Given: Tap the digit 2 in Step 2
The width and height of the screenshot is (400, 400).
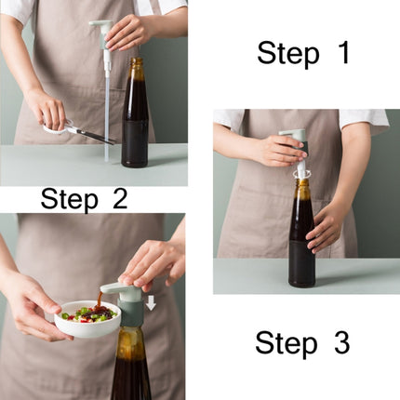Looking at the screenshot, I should coord(118,199).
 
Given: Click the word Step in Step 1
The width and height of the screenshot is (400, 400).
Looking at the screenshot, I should coord(287,53).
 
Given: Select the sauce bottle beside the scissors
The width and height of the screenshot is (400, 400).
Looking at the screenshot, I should coord(135,121).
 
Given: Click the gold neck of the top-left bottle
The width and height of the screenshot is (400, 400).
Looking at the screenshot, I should coord(136,70).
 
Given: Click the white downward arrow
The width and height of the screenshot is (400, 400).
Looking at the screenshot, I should coord(151,302).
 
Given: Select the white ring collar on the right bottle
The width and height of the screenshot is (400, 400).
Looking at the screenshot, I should coord(300,173).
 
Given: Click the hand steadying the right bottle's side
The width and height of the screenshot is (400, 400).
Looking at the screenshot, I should coord(326,228).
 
